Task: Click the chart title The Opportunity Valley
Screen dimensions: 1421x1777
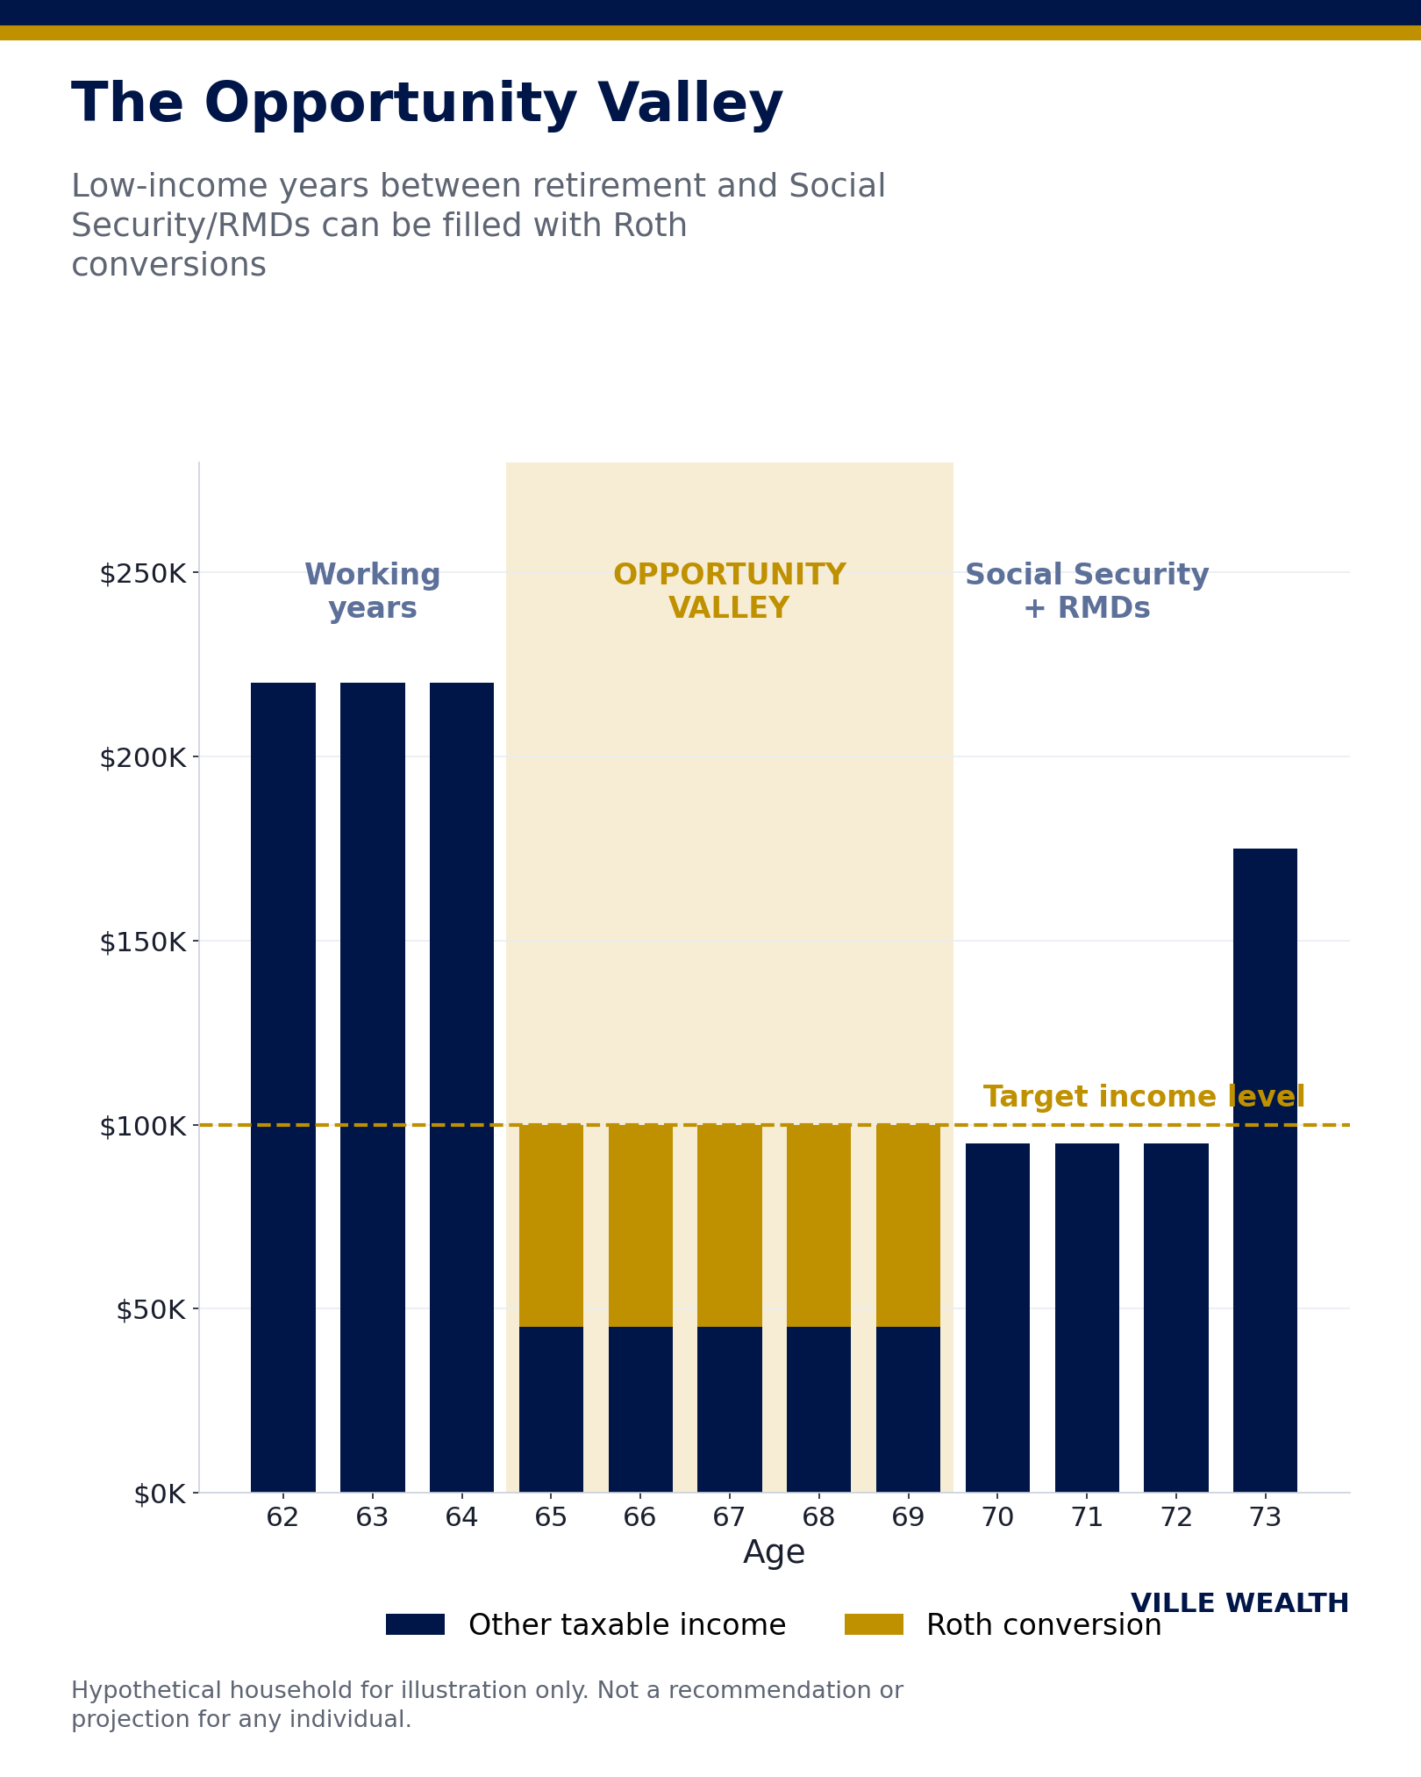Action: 427,104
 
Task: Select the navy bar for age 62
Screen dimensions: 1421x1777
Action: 283,1087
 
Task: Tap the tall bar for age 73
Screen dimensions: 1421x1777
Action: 1265,1170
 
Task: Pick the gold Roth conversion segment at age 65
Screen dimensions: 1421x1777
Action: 551,1225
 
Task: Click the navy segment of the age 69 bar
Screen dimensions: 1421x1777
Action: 908,1409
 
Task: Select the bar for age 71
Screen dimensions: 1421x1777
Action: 1087,1317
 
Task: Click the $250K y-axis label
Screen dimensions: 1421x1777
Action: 143,574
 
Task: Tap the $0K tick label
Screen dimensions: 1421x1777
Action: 160,1494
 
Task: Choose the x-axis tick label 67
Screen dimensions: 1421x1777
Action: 729,1517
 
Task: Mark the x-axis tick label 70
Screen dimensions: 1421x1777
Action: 997,1517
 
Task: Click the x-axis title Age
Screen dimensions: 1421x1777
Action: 774,1553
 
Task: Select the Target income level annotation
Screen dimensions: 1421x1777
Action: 1144,1097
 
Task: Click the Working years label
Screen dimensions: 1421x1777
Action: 373,591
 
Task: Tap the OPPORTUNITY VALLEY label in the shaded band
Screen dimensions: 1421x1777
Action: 729,591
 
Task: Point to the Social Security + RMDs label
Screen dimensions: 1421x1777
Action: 1087,591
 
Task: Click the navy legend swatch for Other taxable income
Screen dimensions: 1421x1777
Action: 415,1624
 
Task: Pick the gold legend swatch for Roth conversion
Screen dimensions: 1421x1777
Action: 874,1624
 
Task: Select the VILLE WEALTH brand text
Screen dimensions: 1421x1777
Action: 1239,1603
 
